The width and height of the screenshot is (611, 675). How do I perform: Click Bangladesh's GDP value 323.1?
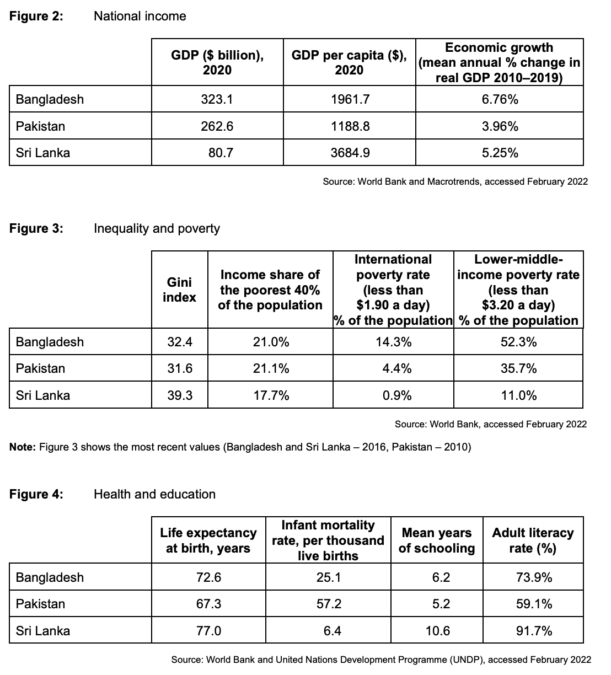point(217,99)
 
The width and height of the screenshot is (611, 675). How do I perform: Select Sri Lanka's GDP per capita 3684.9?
point(350,153)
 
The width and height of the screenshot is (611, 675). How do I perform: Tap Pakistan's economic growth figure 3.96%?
point(500,126)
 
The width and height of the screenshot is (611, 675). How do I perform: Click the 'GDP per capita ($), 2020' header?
point(349,62)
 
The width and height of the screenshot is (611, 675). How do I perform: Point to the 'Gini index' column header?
point(179,290)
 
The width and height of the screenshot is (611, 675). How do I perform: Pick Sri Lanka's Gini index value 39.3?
point(180,395)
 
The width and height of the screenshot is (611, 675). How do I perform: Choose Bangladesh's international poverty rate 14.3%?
point(394,342)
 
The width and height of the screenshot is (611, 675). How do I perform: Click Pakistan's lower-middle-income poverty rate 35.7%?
point(518,369)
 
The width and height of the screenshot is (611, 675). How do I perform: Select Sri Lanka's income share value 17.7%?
point(271,395)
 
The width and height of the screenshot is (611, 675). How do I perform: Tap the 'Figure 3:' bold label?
point(36,228)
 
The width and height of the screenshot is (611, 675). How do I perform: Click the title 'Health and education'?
point(154,494)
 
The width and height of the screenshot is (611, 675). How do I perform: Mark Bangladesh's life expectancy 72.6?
point(208,577)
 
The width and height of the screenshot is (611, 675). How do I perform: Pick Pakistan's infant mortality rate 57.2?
point(329,604)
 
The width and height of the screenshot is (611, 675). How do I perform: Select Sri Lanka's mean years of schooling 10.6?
point(438,631)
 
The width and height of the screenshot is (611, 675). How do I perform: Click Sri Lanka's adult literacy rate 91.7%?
point(534,631)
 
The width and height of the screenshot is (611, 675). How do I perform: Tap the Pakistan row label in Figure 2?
point(40,126)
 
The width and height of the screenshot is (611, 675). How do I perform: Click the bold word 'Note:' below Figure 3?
point(23,447)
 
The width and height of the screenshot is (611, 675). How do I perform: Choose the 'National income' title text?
point(140,16)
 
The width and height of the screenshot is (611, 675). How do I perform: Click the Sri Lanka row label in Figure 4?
point(43,631)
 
